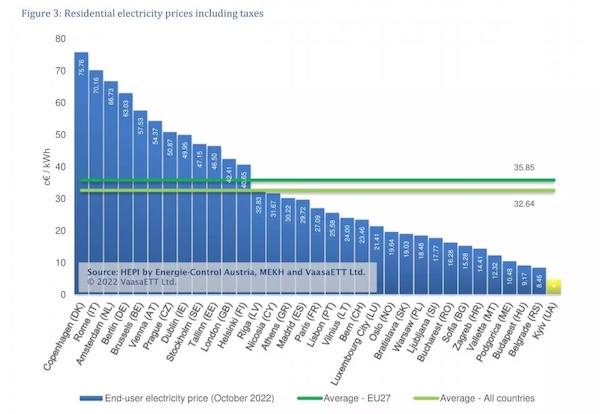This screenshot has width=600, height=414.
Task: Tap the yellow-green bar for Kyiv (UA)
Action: (554, 287)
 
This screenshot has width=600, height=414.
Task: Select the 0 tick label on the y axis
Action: (62, 295)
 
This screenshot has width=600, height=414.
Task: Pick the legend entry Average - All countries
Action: (488, 398)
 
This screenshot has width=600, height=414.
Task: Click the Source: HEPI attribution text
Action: (225, 272)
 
